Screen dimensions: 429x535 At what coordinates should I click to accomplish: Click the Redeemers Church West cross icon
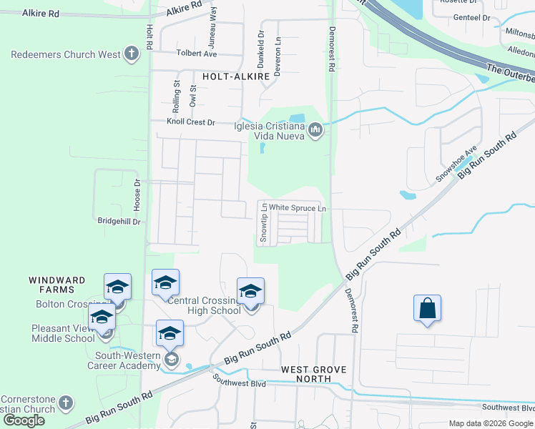click(130, 53)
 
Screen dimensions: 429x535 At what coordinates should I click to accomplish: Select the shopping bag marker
click(427, 308)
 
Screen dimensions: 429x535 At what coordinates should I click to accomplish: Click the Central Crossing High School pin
click(250, 292)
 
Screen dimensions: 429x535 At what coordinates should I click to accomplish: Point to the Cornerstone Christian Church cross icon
click(67, 403)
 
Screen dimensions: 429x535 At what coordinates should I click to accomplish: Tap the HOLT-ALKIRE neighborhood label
click(235, 75)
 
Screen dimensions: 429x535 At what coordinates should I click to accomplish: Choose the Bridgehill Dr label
click(119, 222)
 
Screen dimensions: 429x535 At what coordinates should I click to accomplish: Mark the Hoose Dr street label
click(137, 191)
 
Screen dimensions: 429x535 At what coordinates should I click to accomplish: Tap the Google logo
click(24, 420)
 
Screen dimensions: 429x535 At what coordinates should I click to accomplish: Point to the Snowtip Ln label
click(263, 224)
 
